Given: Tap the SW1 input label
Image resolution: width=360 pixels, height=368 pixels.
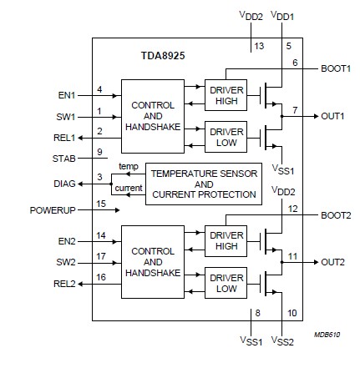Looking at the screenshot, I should (67, 117).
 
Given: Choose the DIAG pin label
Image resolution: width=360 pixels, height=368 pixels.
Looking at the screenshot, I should (64, 182).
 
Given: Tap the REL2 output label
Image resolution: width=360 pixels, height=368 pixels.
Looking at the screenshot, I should (65, 283).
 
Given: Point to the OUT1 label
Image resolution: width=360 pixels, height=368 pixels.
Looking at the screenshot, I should (333, 116).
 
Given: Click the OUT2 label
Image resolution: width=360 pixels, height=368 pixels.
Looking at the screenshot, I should (333, 262).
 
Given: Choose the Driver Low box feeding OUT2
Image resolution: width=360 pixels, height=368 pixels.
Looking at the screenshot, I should (226, 282).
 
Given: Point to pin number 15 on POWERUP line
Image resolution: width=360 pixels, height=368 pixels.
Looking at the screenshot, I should (100, 203).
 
